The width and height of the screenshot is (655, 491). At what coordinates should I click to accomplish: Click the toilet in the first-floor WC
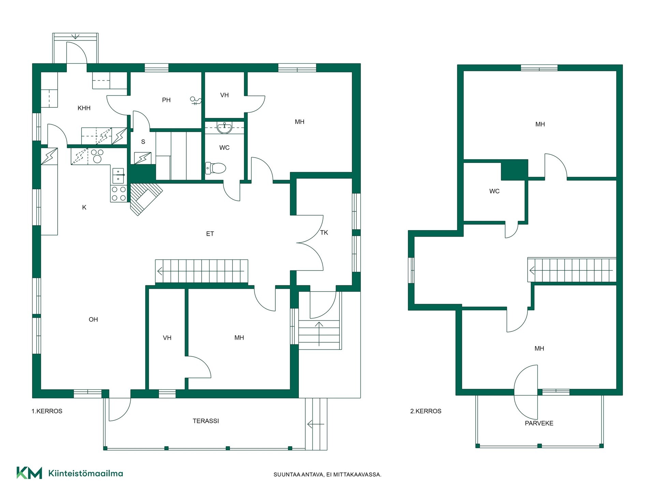point(216,168)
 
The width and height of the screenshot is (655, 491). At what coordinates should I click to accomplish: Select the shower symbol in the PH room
point(195,101)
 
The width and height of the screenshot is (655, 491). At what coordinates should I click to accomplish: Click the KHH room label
point(84,108)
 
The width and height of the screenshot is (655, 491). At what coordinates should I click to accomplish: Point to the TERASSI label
point(206,421)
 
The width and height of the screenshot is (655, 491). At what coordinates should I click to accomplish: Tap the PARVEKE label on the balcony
point(539,423)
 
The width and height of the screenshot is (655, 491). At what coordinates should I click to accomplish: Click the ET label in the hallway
point(210,234)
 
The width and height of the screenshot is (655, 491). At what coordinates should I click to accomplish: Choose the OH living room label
point(93,319)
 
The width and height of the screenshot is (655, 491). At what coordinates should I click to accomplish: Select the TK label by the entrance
point(324,233)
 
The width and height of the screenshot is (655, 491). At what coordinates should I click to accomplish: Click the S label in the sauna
point(143,142)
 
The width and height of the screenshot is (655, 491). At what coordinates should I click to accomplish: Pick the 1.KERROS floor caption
point(47,411)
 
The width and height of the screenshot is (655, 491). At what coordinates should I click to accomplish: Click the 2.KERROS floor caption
point(426,411)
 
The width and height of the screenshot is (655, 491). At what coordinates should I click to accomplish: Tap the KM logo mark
point(29,473)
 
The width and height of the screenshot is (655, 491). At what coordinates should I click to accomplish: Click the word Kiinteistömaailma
point(86,473)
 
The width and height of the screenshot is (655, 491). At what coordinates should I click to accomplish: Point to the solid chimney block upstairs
point(514,170)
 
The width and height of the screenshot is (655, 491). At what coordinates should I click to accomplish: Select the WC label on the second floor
point(494,191)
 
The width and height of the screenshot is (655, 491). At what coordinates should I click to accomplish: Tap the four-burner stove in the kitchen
point(118,194)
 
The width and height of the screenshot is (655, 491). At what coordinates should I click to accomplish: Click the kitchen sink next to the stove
point(118,175)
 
